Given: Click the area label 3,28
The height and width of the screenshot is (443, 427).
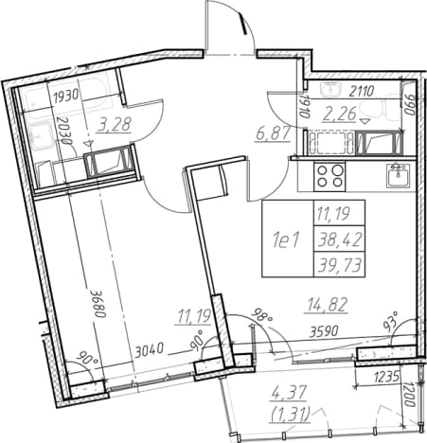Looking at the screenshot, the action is (115, 124).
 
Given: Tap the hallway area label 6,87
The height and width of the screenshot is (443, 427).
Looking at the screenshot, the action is (274, 134).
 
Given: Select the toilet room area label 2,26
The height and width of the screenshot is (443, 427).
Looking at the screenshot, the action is (340, 114).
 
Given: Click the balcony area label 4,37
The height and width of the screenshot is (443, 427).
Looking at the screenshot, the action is (289, 394).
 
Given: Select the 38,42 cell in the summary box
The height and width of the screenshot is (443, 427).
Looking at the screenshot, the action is (340, 240).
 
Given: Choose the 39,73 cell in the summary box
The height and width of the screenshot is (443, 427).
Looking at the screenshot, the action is (340, 265).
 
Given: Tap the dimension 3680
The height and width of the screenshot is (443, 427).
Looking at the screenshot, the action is (98, 303).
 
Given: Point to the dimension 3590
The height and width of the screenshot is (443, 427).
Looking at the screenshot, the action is (324, 331).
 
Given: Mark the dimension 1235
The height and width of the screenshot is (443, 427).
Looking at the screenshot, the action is (386, 376).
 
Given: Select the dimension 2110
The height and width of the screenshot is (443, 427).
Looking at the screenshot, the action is (361, 91).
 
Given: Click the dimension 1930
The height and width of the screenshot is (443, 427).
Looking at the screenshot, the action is (66, 97).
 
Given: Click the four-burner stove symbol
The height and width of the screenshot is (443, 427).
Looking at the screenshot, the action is (329, 177).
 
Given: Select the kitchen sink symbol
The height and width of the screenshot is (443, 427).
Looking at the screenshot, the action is (399, 175).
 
